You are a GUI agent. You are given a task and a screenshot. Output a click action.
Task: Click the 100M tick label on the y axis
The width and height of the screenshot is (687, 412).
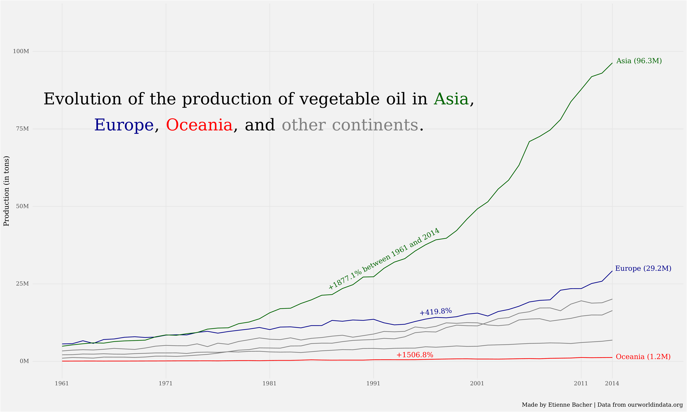click(21, 51)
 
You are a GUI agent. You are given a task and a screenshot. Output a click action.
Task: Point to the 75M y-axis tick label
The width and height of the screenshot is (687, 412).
click(22, 129)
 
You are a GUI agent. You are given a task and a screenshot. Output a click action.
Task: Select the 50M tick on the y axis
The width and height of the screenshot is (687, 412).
click(22, 206)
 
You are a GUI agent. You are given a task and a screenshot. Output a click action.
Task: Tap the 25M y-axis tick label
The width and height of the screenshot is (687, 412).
click(22, 284)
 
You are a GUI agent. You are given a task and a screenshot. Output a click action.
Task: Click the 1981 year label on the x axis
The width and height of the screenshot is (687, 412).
click(269, 383)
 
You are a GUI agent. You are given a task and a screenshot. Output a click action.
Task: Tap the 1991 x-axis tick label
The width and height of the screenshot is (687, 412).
click(373, 383)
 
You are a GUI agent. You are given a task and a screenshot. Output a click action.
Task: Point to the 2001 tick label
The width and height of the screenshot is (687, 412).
click(477, 383)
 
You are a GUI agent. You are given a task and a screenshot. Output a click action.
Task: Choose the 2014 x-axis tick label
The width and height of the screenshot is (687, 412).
click(612, 383)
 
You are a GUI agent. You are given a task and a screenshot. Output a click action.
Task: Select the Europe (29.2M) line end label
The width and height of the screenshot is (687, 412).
click(643, 269)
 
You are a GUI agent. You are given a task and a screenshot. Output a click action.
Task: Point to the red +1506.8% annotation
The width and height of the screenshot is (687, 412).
click(415, 355)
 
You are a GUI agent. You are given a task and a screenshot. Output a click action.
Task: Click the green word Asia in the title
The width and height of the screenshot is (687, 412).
click(451, 99)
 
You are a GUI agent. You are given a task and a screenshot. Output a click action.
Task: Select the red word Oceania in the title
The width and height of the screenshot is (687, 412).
click(199, 125)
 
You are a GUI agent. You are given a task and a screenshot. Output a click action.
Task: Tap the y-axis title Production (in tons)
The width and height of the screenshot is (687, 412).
click(6, 191)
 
